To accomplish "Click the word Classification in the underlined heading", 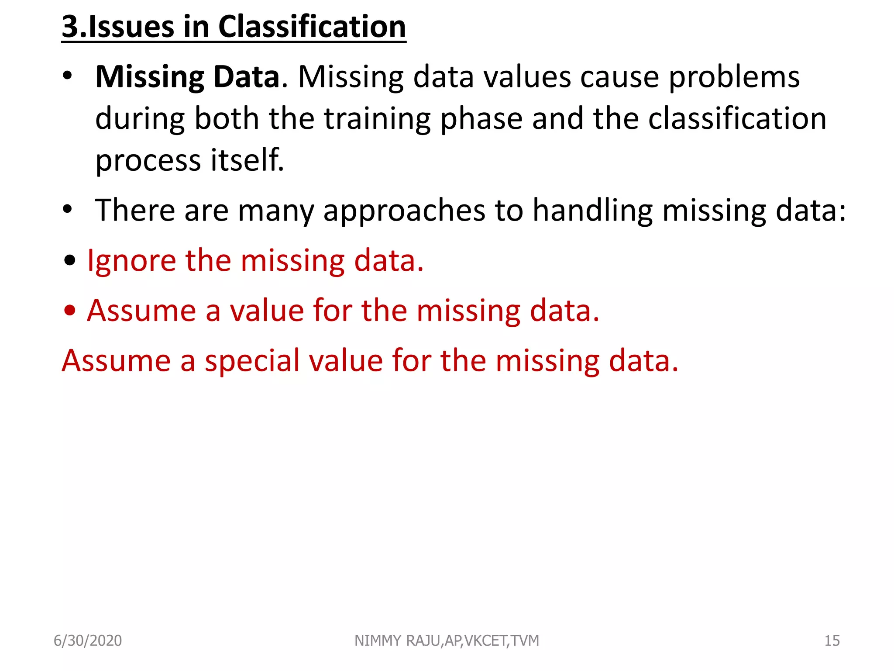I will pos(312,27).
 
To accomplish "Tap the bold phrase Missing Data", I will pos(187,77).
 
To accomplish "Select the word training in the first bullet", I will pos(377,119).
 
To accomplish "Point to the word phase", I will pos(481,119).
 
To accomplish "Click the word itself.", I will pos(247,160).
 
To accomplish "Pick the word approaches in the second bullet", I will pos(404,211).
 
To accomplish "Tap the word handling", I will pos(592,211).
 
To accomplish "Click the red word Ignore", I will pos(131,261).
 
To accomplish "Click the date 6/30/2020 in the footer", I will pos(88,640).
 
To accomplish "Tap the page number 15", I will pos(832,640).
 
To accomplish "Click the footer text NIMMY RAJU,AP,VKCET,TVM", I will pos(447,640).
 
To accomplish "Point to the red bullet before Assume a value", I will pos(70,311).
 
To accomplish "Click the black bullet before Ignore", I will pos(70,261).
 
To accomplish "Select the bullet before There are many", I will pos(67,210).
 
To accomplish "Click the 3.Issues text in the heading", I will pos(118,27).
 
